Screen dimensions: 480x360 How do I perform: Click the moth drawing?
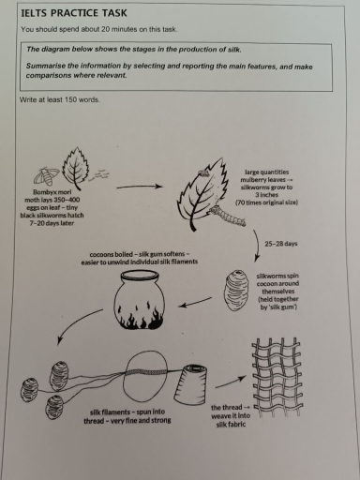pos(47,172)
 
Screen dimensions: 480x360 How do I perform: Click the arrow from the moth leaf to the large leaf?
pos(141,187)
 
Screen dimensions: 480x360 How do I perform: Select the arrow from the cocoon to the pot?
pos(194,300)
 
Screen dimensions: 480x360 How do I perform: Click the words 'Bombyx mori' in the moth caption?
pos(38,193)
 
